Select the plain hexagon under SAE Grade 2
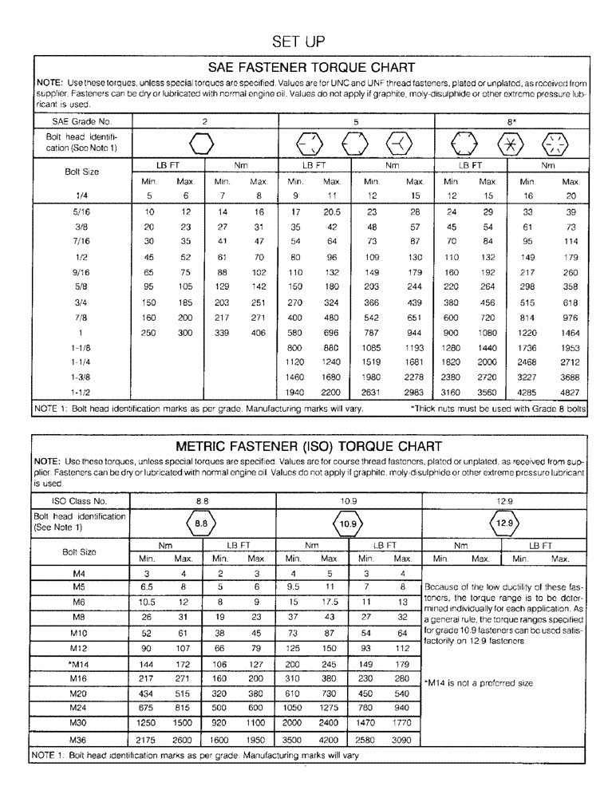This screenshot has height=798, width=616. pyautogui.click(x=203, y=144)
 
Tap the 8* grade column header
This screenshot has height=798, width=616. pyautogui.click(x=512, y=121)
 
